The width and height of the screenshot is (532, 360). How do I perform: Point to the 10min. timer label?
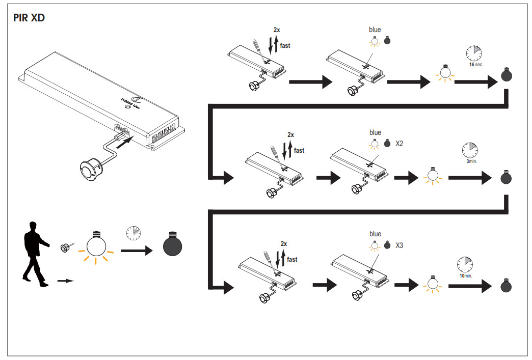(466, 275)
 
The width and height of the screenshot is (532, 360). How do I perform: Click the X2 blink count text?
(399, 144)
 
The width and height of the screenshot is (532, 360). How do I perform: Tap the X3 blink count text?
(399, 245)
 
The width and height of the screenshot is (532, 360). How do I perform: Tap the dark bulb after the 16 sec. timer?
(507, 75)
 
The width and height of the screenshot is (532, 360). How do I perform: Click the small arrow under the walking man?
(66, 280)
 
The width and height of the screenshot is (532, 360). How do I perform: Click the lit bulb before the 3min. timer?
(432, 176)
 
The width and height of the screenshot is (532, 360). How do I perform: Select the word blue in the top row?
(375, 30)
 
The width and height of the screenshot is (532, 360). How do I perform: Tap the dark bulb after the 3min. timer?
(507, 178)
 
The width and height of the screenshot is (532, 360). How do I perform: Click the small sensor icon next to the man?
(65, 248)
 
